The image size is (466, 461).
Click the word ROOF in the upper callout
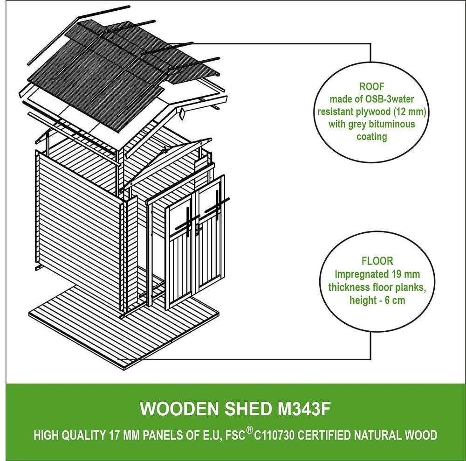(x=371, y=86)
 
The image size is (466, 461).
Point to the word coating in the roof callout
(x=371, y=137)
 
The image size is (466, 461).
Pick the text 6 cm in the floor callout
(x=393, y=300)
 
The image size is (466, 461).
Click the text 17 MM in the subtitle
(x=121, y=436)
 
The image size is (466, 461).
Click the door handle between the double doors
(x=198, y=229)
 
